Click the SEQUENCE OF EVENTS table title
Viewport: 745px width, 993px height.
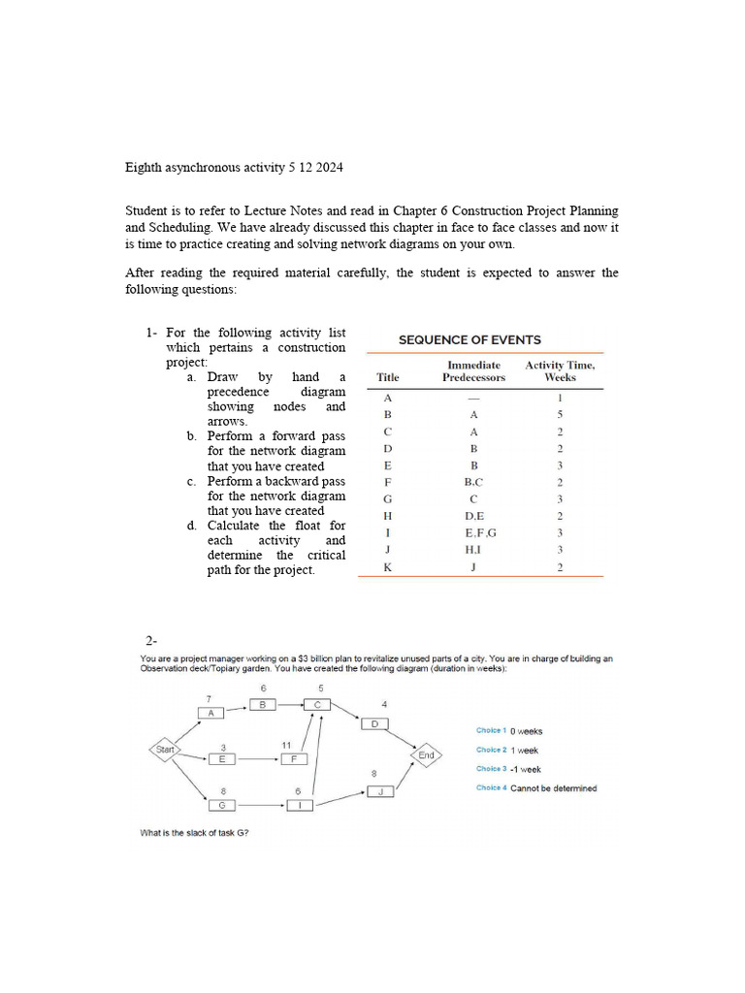click(x=470, y=339)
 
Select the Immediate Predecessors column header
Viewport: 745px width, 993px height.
click(x=473, y=371)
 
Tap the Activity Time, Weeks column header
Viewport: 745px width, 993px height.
click(x=560, y=371)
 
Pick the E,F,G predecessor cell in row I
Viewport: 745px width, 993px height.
click(x=473, y=532)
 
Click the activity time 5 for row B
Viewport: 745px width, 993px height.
click(x=560, y=414)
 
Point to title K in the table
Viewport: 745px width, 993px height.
click(x=388, y=566)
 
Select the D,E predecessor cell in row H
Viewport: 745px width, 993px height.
click(x=473, y=516)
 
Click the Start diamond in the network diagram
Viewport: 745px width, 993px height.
click(x=166, y=749)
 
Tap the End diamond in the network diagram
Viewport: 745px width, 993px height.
click(x=426, y=754)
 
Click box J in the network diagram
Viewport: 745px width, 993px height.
click(x=380, y=791)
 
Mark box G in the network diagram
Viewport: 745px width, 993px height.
click(x=222, y=805)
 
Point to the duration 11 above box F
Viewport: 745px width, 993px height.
click(x=287, y=745)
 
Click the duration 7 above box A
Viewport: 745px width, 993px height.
click(x=209, y=698)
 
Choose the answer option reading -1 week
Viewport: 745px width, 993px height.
click(x=525, y=769)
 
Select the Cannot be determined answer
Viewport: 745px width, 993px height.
click(x=553, y=788)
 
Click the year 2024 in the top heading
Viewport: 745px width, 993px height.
click(x=327, y=168)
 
